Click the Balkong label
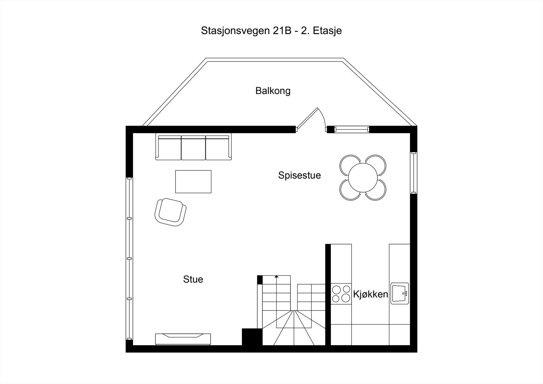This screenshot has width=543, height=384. coord(273,91)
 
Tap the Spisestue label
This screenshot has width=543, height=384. coord(299,176)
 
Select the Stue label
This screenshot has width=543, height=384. coord(193,279)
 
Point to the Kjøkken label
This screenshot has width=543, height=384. coord(371,294)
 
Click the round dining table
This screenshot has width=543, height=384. coord(363,178)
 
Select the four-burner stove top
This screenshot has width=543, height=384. coord(341,294)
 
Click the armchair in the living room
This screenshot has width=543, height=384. coord(170,212)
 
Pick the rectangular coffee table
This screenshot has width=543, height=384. coord(193,182)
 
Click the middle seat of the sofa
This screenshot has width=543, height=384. coord(193,147)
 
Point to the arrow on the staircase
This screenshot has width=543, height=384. coord(277,277)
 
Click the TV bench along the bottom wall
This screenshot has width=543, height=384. coord(183,339)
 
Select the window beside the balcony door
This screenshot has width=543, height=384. coord(351,129)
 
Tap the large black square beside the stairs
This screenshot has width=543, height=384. coord(252,337)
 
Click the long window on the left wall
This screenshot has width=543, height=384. coord(129,258)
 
